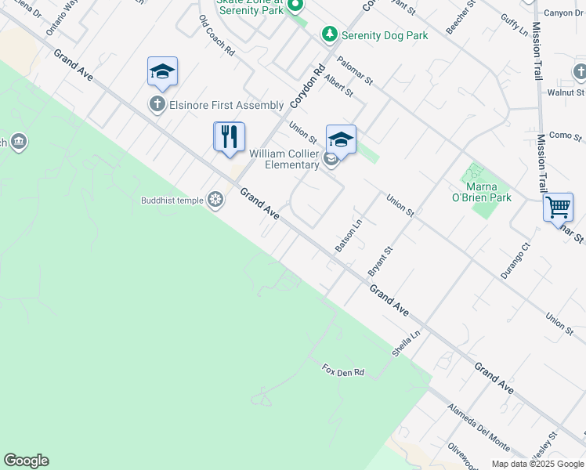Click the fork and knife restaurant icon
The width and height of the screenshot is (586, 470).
point(230,137)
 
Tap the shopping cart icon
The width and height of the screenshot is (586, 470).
point(558,208)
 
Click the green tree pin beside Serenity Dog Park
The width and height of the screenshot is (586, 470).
point(330,34)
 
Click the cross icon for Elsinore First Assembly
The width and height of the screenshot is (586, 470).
point(157,104)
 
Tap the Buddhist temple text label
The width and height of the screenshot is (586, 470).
point(172,201)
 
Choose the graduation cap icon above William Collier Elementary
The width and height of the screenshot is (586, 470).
point(341,139)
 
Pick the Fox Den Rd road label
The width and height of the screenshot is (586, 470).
point(344,371)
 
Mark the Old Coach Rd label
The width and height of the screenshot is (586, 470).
point(217,35)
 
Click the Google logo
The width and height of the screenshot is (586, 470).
point(26,461)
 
